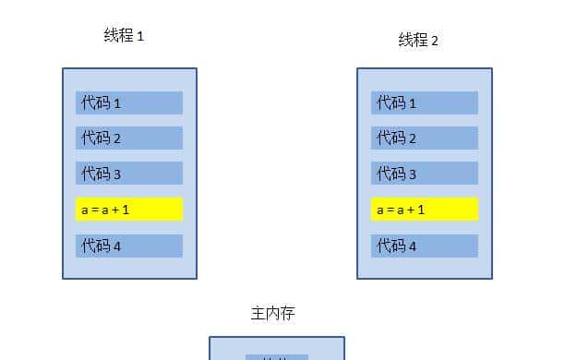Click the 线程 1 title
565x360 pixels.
tap(124, 36)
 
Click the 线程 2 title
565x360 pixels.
tap(418, 40)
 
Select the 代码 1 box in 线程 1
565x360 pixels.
tap(129, 102)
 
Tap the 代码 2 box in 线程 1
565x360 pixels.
tap(129, 138)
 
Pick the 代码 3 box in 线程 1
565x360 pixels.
tap(129, 173)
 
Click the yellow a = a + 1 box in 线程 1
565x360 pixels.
tap(129, 210)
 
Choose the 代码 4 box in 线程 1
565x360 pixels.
tap(129, 246)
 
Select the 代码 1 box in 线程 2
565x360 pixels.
tap(424, 102)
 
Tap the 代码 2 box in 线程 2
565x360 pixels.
tap(424, 138)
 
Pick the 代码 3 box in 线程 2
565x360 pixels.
tap(424, 173)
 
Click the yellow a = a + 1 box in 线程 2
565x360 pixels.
tap(424, 210)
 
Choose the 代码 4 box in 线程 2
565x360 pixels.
tap(424, 246)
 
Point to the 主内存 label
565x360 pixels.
tap(273, 314)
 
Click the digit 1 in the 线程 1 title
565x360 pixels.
tap(140, 37)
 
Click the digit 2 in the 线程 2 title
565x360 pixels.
tap(434, 41)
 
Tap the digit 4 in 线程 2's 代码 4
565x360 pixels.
tap(412, 246)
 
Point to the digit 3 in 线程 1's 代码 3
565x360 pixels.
tap(117, 174)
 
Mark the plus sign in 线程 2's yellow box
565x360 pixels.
tap(407, 210)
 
